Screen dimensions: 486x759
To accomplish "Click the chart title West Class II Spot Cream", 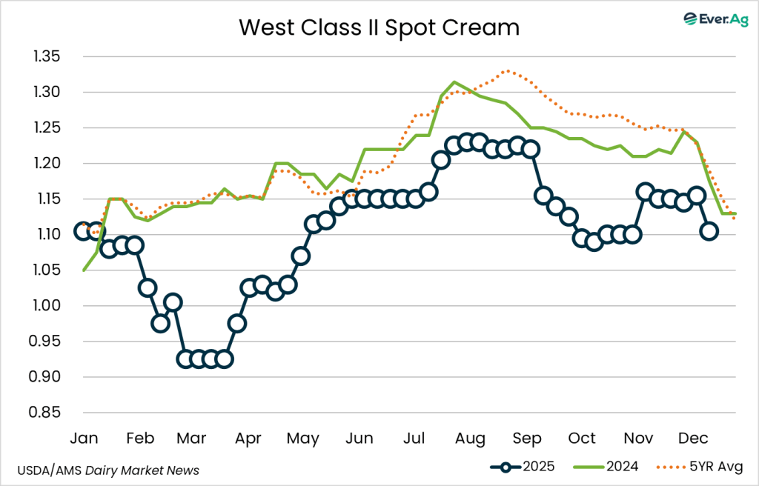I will (x=379, y=28).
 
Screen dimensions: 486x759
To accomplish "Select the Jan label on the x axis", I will (x=83, y=438).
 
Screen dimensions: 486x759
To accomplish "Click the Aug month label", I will (x=471, y=438).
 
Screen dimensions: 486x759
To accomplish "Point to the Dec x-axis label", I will (x=694, y=438).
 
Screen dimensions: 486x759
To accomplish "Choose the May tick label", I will (x=302, y=438).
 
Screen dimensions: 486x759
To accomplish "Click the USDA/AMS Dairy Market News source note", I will (x=110, y=470).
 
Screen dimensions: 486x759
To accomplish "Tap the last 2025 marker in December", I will (x=709, y=231).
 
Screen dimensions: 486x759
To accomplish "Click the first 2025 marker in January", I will (x=83, y=231).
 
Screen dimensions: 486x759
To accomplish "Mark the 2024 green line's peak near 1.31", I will (x=454, y=82).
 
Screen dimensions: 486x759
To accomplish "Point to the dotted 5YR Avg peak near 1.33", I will (x=507, y=71).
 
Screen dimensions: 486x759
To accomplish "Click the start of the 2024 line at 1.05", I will (x=83, y=270).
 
